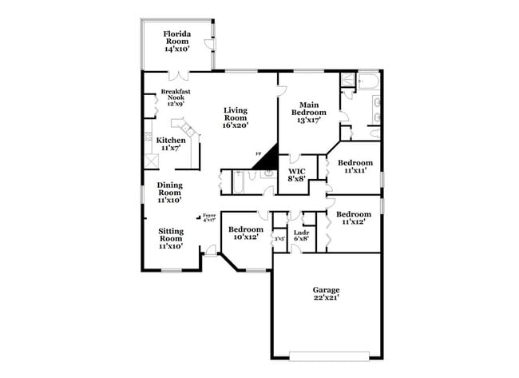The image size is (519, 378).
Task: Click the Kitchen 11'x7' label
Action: tap(170, 144)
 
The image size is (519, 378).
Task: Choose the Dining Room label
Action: tap(169, 193)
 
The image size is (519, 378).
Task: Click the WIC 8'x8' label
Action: tap(297, 175)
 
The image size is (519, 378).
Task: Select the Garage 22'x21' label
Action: tap(326, 293)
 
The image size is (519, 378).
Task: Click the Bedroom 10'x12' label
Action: tap(246, 233)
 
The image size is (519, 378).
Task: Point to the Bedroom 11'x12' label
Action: tap(353, 218)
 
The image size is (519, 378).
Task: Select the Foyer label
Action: tap(209, 217)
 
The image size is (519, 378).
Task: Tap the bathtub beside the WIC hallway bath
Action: tap(238, 181)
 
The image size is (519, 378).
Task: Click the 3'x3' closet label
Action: tap(279, 238)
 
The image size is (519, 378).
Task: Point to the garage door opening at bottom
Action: tap(326, 352)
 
